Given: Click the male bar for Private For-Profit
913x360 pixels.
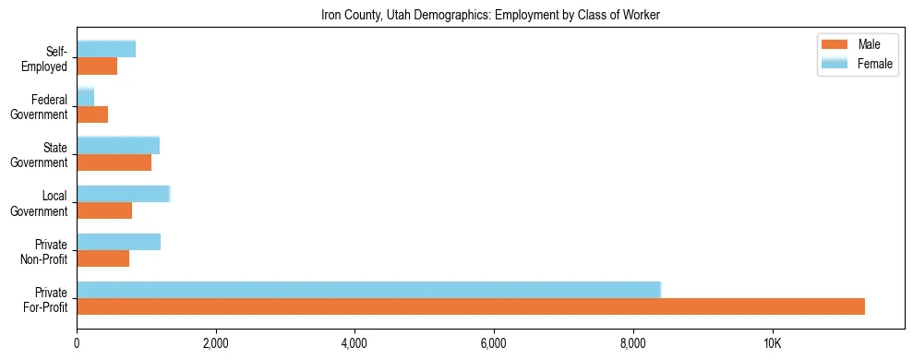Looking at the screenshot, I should [471, 306].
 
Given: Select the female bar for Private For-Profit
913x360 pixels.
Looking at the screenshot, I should [369, 289].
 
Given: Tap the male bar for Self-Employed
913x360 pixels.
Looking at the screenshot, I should [97, 66].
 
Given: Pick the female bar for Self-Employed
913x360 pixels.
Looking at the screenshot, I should [106, 49].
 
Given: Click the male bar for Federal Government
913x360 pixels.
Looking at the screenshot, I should [92, 114].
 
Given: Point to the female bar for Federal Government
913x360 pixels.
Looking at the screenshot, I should [85, 97].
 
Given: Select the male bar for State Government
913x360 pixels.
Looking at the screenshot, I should [114, 162].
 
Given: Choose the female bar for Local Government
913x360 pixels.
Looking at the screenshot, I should [123, 193].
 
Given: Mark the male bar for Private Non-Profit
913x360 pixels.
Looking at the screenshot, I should [102, 258].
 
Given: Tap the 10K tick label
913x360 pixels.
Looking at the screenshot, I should [772, 343].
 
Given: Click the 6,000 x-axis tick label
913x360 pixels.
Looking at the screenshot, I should [494, 343].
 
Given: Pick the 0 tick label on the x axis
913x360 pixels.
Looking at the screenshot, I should [77, 343].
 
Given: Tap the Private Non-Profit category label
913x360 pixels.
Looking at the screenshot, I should [45, 252].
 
